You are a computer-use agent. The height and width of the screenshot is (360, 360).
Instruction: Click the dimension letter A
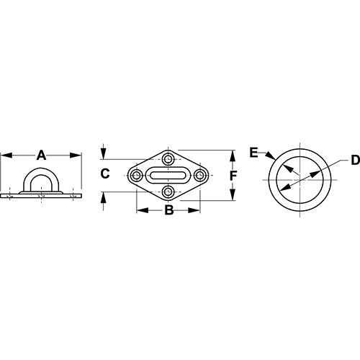[42, 154]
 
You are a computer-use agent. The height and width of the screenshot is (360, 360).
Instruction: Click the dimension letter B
[168, 210]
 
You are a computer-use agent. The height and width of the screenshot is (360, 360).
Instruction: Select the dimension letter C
[104, 174]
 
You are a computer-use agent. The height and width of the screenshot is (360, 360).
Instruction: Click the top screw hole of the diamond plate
[168, 158]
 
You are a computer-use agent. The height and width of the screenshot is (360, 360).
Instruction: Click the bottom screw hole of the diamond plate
[168, 191]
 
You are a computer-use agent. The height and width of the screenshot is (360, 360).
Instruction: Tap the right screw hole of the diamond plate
[199, 174]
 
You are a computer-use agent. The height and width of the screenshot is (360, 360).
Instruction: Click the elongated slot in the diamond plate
[168, 174]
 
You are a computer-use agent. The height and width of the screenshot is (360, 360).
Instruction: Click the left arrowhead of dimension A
[4, 154]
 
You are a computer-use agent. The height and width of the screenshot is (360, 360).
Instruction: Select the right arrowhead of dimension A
[78, 154]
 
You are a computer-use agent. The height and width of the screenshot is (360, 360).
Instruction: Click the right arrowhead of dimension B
[196, 210]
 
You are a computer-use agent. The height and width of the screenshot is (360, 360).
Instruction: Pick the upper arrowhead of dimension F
[232, 154]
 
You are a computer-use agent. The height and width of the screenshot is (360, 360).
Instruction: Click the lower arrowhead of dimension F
[232, 196]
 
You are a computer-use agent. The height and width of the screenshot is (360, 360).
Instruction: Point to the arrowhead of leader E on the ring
[271, 157]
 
